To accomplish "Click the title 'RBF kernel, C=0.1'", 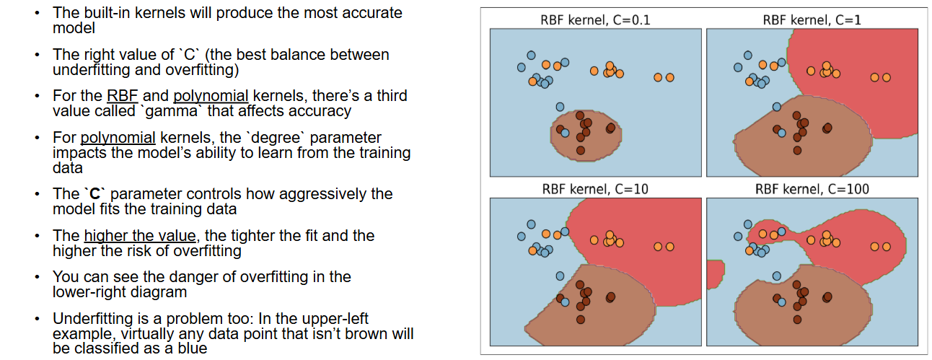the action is [595, 20].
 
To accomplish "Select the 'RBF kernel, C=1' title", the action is [812, 20].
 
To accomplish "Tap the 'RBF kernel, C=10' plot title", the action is [595, 189].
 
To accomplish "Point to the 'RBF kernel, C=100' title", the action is [812, 189].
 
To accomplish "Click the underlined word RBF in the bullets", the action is [122, 96].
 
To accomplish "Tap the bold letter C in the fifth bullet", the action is [94, 194].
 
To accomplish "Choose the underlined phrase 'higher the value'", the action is [140, 236].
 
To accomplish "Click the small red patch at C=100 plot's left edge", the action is [715, 274].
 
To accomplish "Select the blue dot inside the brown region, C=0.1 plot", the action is [565, 133].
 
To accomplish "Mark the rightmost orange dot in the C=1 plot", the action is [887, 77].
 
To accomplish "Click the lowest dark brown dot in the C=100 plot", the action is [797, 320].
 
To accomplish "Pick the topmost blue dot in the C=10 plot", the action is [532, 224].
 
